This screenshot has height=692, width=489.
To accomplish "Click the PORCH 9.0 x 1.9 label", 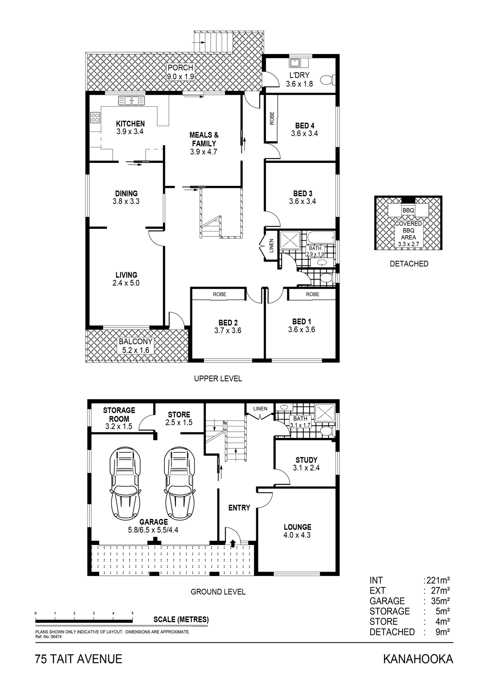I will [181, 72].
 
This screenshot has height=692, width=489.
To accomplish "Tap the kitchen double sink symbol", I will [132, 101].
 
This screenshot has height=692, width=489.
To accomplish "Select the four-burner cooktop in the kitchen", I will [95, 117].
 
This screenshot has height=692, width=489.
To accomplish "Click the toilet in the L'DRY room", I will [327, 79].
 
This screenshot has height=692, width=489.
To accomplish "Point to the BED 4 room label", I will [304, 129].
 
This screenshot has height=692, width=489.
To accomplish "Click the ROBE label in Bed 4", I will [272, 118].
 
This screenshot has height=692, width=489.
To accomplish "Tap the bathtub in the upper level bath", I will [321, 237].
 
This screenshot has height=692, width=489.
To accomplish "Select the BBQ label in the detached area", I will [408, 210].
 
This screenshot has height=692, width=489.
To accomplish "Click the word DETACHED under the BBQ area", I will [409, 264].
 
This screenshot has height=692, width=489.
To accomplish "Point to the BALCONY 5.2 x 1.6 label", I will [135, 346].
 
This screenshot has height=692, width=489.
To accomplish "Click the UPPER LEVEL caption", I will [218, 378].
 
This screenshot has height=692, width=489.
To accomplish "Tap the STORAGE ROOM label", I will [119, 418].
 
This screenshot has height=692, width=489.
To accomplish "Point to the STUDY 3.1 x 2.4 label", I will [306, 464].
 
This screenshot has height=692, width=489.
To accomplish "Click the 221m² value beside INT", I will [438, 580].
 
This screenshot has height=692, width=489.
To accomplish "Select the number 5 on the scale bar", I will [133, 613].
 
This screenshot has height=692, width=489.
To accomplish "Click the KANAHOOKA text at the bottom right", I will [418, 659].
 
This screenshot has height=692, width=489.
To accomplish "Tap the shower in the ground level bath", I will [325, 413].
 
